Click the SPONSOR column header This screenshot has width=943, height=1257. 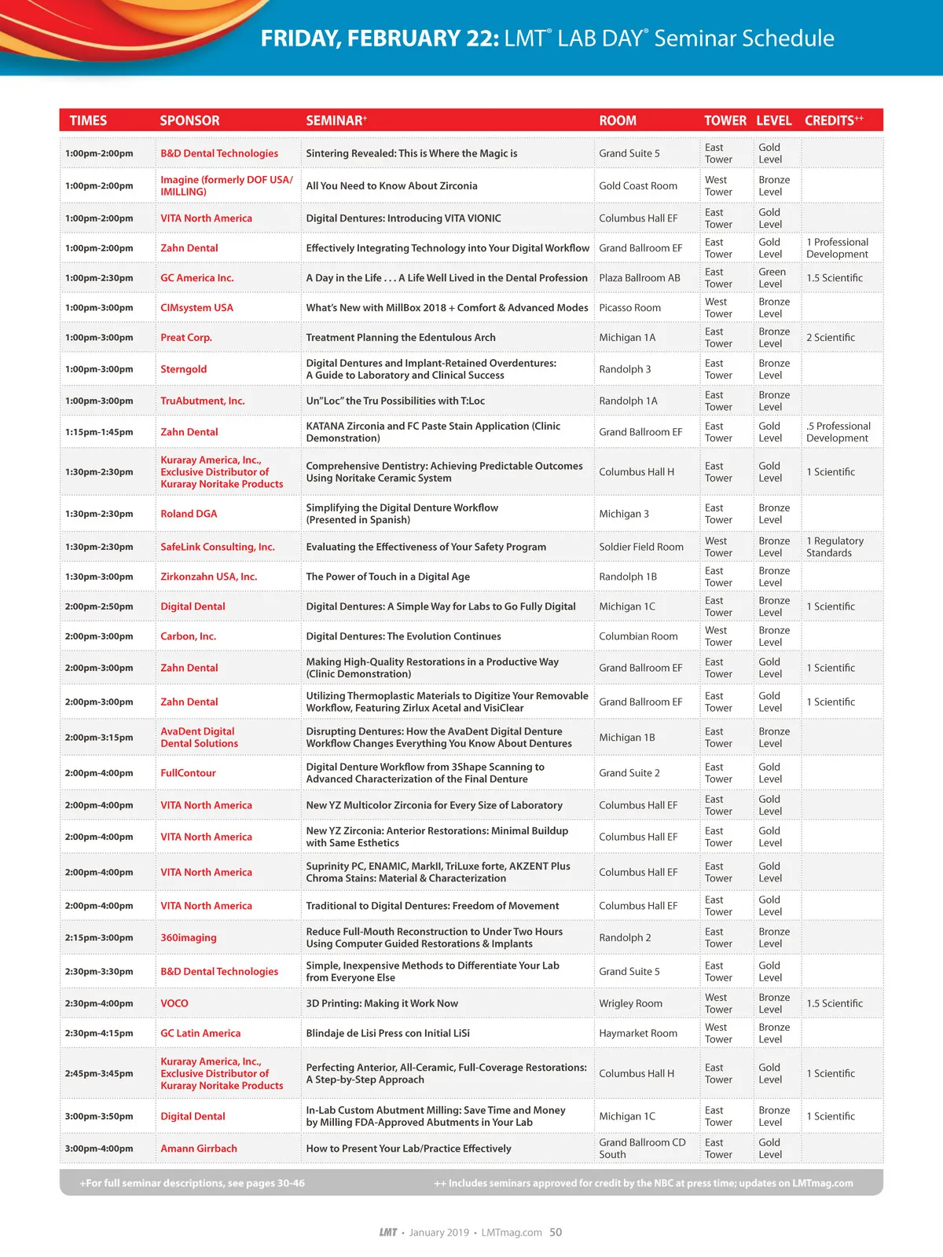(189, 120)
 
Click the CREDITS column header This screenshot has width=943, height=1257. (833, 120)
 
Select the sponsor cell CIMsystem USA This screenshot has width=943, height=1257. (196, 308)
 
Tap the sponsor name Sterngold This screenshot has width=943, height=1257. (184, 369)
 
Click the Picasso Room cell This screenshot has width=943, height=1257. (629, 308)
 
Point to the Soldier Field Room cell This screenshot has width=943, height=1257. (640, 547)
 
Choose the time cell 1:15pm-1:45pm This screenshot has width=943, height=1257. (99, 432)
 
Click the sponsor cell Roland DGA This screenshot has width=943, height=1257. (189, 514)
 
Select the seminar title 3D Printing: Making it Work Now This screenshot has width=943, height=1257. (382, 1003)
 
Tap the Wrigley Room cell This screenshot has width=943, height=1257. (630, 1003)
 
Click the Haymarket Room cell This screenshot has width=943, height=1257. (637, 1033)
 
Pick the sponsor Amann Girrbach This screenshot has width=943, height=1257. (199, 1149)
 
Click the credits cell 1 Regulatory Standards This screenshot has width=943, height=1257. (835, 547)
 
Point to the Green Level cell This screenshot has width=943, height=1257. (772, 278)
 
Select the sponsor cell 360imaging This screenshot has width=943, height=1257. (189, 938)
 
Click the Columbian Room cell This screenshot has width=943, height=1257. (638, 636)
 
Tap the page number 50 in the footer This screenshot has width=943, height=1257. (556, 1232)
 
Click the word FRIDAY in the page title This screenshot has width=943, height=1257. (299, 38)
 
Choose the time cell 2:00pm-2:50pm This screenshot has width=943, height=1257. (99, 607)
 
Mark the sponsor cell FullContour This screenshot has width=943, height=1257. (188, 773)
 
